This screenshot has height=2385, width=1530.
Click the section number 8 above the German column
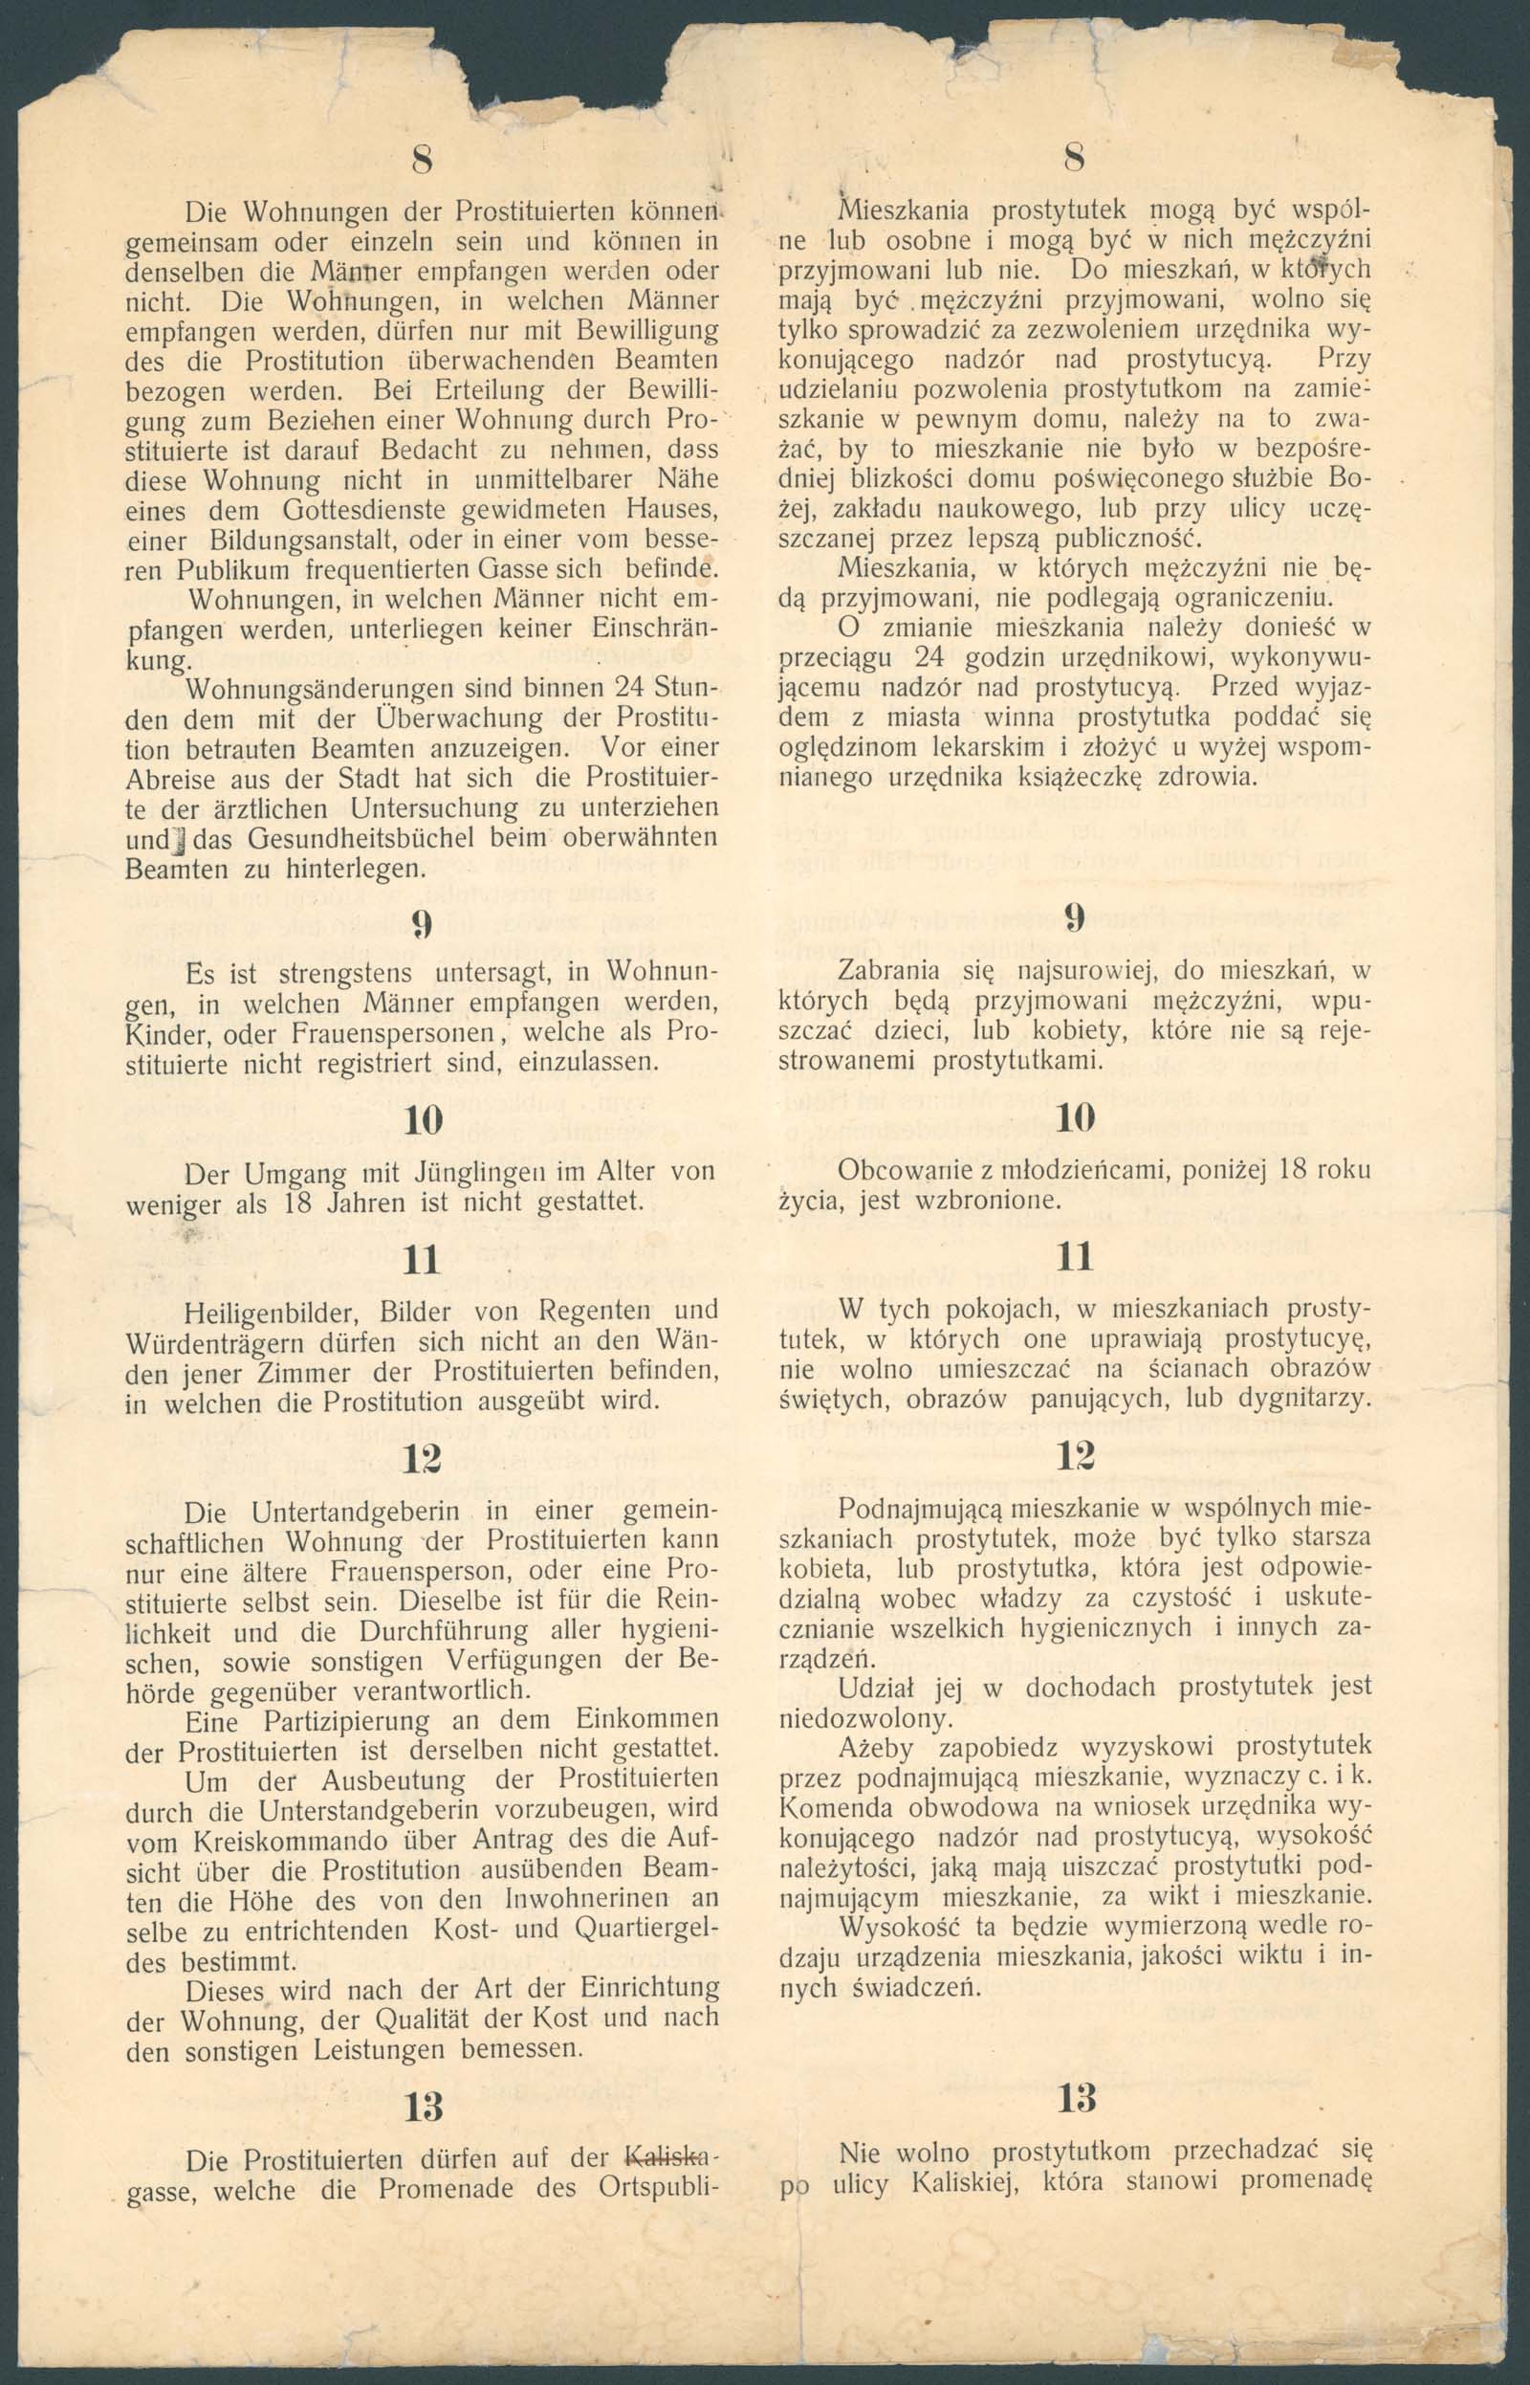423,160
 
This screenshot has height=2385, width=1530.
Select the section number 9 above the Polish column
1074,917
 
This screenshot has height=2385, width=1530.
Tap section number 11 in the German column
422,1260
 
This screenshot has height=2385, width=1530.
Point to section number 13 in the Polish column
1077,2098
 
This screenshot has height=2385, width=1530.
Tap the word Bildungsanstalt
309,541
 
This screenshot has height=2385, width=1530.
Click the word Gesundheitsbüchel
336,838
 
